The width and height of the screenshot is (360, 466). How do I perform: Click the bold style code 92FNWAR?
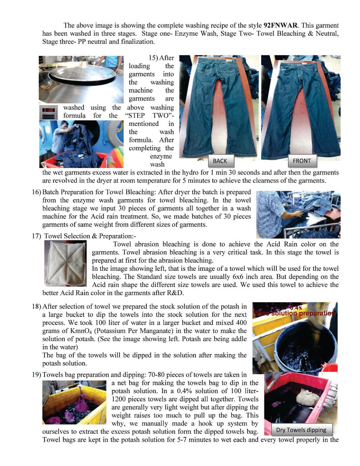pyautogui.click(x=280, y=25)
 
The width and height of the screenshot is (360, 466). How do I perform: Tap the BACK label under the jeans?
pyautogui.click(x=220, y=161)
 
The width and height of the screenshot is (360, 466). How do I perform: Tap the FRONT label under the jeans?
pyautogui.click(x=301, y=161)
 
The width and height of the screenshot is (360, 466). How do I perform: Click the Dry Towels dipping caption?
pyautogui.click(x=301, y=430)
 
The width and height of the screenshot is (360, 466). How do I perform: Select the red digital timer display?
pyautogui.click(x=48, y=110)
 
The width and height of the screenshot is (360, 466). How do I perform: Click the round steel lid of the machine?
pyautogui.click(x=82, y=73)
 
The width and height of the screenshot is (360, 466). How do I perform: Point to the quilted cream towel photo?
pyautogui.click(x=66, y=263)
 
